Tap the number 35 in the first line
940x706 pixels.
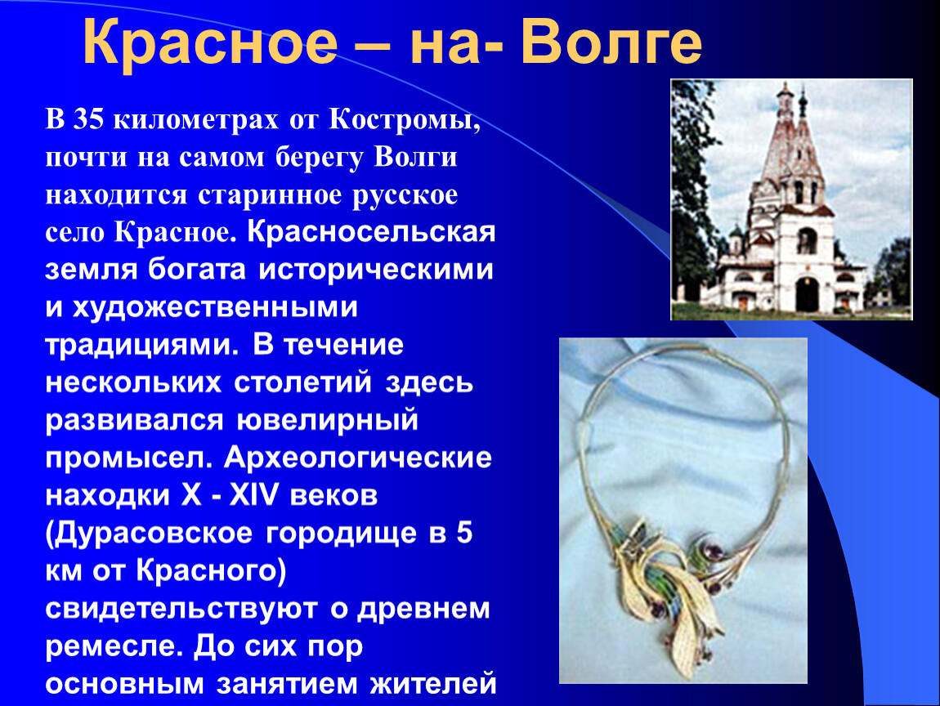(89, 119)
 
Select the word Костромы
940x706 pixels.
(405, 120)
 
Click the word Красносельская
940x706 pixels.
(371, 231)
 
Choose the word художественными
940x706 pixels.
(215, 308)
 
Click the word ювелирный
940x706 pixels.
(327, 420)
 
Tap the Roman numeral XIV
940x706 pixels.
(254, 495)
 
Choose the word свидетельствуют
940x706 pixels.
(181, 609)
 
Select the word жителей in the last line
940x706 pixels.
(433, 684)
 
